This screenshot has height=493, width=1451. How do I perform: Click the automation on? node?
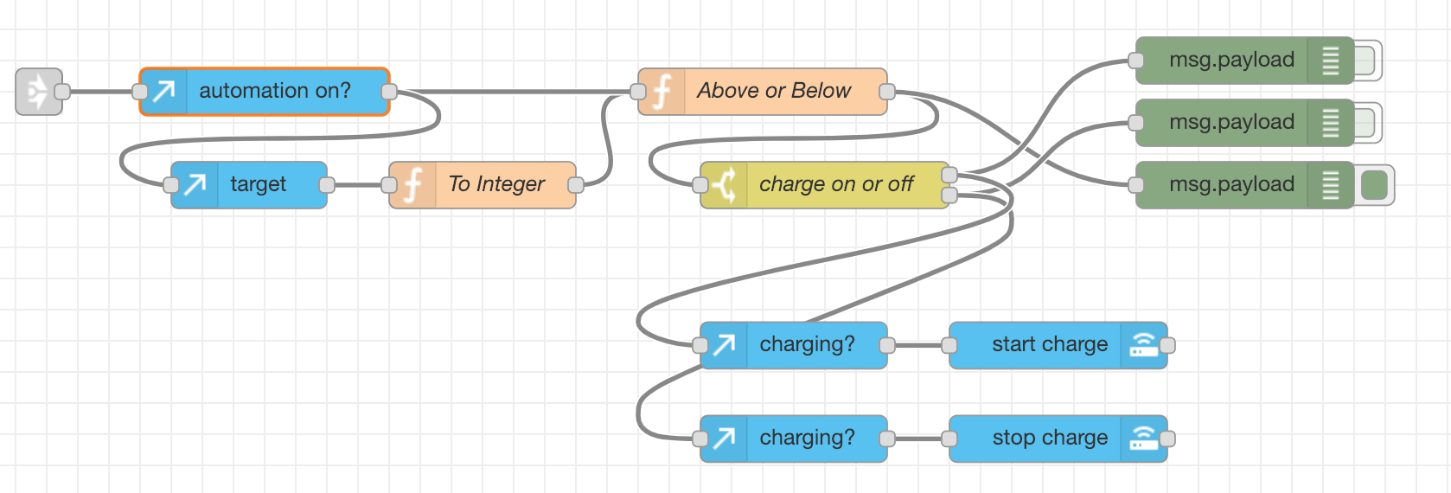pos(274,91)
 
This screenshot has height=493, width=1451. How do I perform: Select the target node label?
pos(258,184)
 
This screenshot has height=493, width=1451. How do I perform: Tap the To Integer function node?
pos(495,184)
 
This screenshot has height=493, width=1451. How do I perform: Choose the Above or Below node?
pos(773,91)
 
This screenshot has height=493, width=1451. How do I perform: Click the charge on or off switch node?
pos(835,184)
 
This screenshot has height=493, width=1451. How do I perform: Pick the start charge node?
pos(1049,344)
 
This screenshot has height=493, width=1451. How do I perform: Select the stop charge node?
pos(1049,438)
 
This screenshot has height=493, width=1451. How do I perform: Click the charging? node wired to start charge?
pos(806,344)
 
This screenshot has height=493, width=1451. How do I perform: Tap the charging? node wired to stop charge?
pos(806,438)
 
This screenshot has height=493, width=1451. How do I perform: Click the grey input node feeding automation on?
pos(38,91)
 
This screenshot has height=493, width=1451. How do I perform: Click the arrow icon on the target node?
pos(195,184)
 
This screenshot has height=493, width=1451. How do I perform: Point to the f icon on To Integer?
pos(413,184)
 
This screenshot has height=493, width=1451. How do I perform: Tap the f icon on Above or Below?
pos(662,91)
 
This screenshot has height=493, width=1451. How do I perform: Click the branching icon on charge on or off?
pos(725,184)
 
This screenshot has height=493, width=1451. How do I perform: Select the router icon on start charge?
pos(1143,344)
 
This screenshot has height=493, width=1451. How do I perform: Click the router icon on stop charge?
pos(1143,438)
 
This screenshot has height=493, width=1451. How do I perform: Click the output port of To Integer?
pos(576,184)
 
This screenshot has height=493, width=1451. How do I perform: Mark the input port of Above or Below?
pos(638,91)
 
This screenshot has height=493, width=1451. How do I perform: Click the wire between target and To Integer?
pos(358,184)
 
